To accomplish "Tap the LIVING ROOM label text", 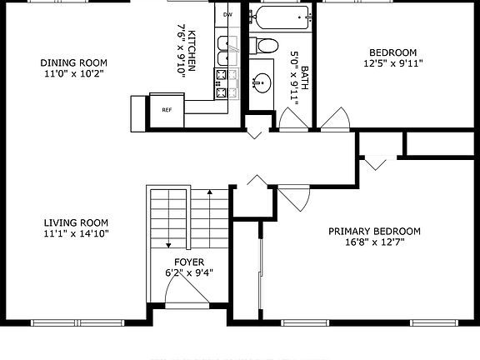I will coord(77,222).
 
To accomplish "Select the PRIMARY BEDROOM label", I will coord(374,232).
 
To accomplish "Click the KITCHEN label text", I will coord(192,51).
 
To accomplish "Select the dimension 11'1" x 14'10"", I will coord(77,234).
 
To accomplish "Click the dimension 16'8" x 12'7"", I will coord(374,244).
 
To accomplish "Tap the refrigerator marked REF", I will coord(166,109).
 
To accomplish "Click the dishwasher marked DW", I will coord(227,15).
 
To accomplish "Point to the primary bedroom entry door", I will coord(294,197).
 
